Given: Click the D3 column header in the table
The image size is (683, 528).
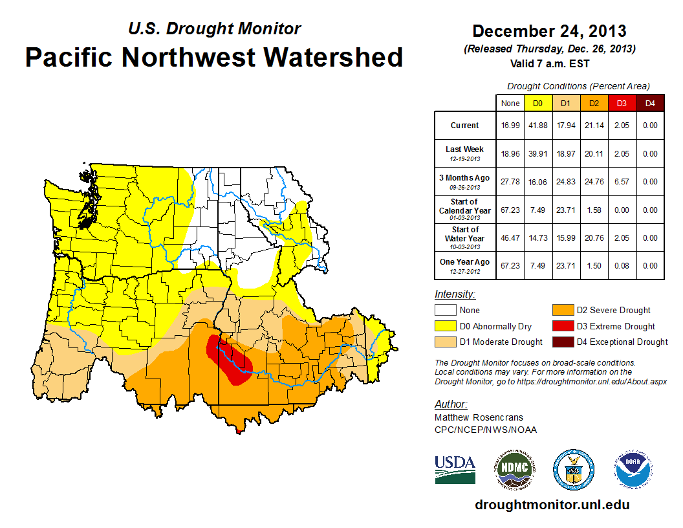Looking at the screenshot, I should (621, 103).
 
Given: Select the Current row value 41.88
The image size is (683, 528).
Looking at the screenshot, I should (537, 126).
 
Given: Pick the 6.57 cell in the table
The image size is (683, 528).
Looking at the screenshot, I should (621, 182).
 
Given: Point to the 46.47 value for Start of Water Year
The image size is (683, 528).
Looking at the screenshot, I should (510, 237).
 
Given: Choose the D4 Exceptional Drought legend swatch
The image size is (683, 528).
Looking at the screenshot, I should (561, 342).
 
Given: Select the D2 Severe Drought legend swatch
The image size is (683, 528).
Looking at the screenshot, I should (561, 310).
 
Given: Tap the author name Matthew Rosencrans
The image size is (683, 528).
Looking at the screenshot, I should (479, 417).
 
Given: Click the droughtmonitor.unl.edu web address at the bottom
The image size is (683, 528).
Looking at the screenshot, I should (552, 505).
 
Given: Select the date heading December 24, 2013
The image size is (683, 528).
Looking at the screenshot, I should (549, 31).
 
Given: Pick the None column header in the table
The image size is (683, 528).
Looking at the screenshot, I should (510, 103).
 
